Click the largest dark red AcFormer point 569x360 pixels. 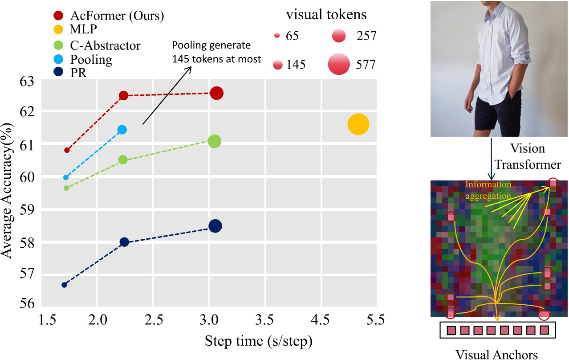click(217, 93)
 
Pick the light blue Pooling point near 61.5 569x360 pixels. click(122, 129)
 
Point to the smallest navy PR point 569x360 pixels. click(64, 285)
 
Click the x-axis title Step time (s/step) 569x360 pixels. click(258, 342)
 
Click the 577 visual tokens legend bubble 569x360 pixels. click(340, 65)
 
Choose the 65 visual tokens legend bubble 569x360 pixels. click(276, 36)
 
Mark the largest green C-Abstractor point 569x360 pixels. click(214, 141)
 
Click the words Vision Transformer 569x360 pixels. click(528, 157)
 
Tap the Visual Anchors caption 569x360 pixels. click(496, 354)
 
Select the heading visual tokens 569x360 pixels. click(326, 15)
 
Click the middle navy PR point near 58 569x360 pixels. click(124, 242)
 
